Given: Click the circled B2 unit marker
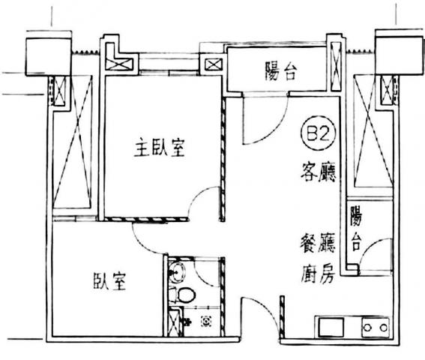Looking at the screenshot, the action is click(x=319, y=133).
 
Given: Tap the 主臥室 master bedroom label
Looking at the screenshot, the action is click(x=160, y=147).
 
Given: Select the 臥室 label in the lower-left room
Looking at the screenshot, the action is click(x=109, y=281).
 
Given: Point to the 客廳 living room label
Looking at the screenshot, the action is click(x=319, y=172).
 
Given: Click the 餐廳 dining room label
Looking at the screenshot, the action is click(x=318, y=243).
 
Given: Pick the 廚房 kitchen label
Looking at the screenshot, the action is click(x=318, y=274).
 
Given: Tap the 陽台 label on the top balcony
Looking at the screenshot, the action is click(x=280, y=71).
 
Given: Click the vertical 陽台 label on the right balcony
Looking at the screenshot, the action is click(x=356, y=229).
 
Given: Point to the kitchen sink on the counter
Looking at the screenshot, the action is click(x=331, y=327).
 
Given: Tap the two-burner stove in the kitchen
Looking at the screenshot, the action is click(x=376, y=328).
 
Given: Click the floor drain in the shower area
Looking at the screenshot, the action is click(x=206, y=322).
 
